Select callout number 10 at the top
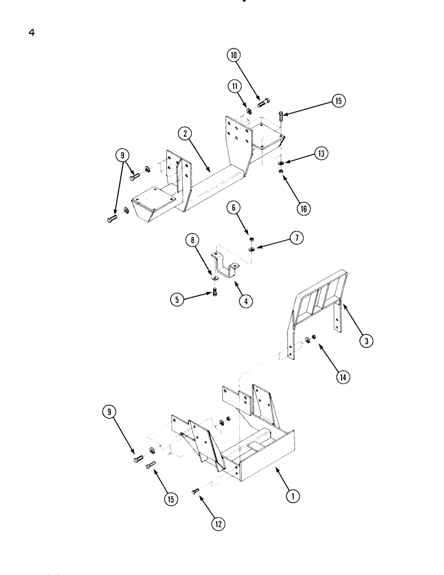(x=234, y=56)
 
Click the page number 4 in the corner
(x=32, y=33)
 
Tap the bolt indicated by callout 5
(x=214, y=291)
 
